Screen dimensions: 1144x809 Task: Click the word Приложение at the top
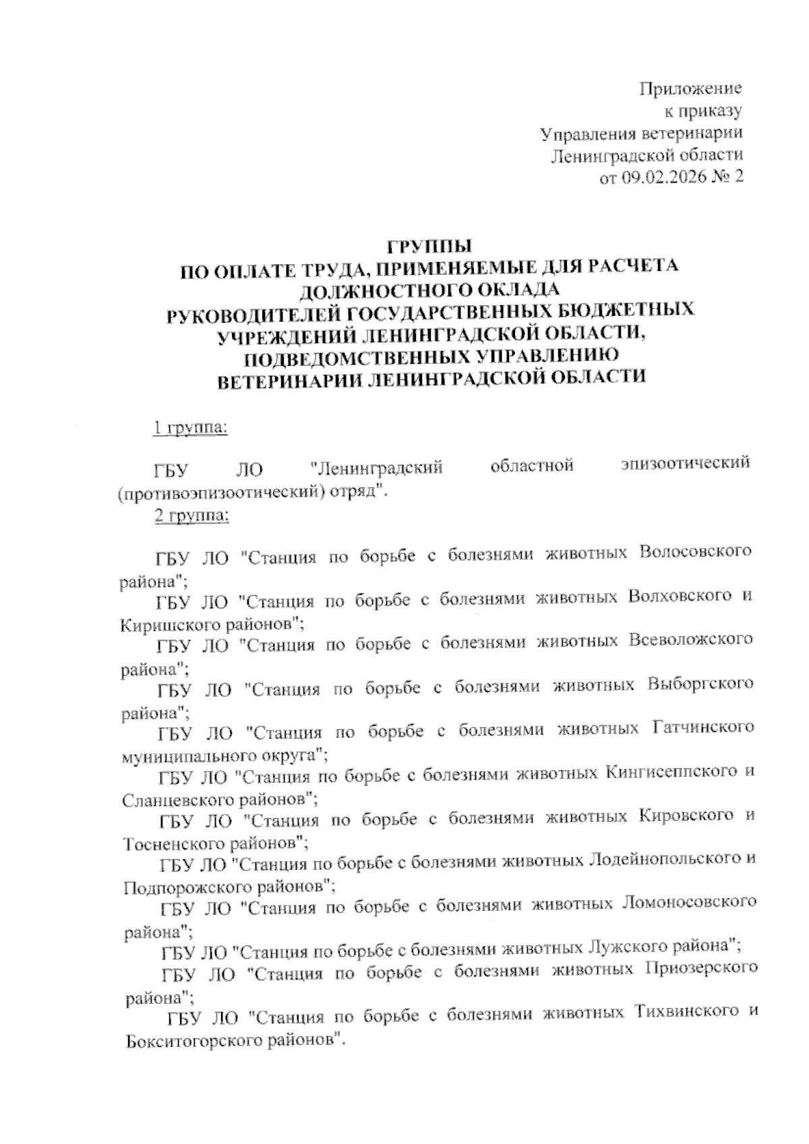(x=690, y=88)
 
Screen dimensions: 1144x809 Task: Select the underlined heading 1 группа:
(x=191, y=428)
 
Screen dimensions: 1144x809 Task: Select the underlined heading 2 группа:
(x=192, y=516)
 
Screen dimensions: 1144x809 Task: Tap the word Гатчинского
(x=702, y=728)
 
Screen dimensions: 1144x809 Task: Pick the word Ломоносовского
(x=686, y=903)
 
